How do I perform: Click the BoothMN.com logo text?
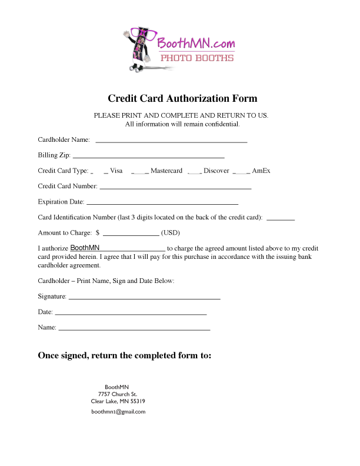click(196, 42)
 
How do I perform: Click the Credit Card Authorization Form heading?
click(182, 99)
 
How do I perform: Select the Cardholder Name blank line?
click(171, 141)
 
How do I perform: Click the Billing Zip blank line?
click(148, 157)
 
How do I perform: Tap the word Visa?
click(116, 171)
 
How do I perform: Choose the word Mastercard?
click(166, 171)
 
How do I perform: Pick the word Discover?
click(216, 171)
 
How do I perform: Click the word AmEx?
click(261, 171)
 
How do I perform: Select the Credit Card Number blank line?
click(175, 187)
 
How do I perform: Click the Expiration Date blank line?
click(162, 203)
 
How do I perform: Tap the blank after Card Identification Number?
click(281, 218)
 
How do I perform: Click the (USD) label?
click(171, 232)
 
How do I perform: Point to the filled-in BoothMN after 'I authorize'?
click(85, 248)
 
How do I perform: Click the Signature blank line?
click(144, 298)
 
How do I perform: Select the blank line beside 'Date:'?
click(131, 313)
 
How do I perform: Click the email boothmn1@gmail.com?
click(118, 412)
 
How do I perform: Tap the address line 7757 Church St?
click(118, 394)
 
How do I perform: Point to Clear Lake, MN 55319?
click(118, 401)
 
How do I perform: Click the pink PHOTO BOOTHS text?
click(198, 58)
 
